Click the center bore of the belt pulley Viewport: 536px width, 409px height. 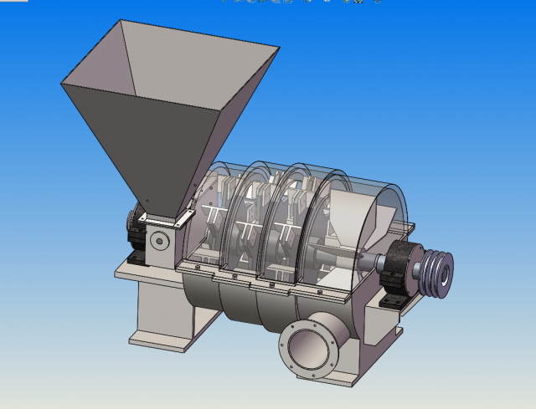pyautogui.click(x=442, y=273)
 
